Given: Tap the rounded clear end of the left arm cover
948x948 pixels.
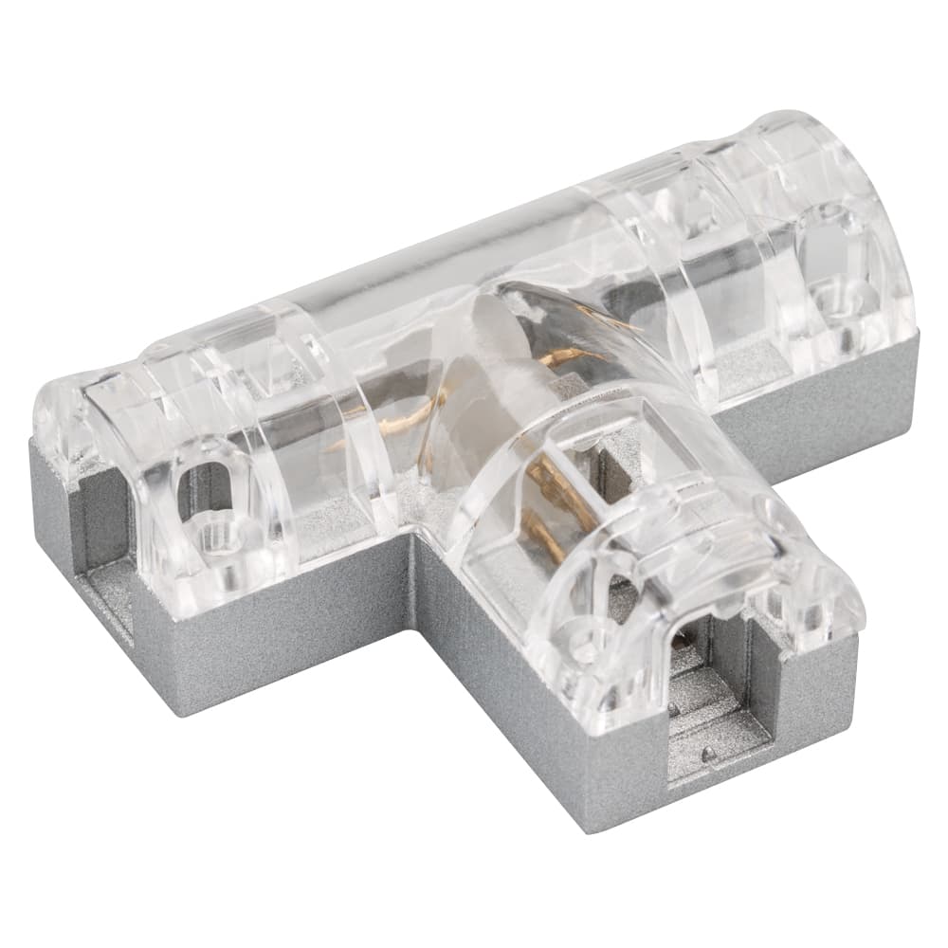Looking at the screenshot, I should point(76,417).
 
